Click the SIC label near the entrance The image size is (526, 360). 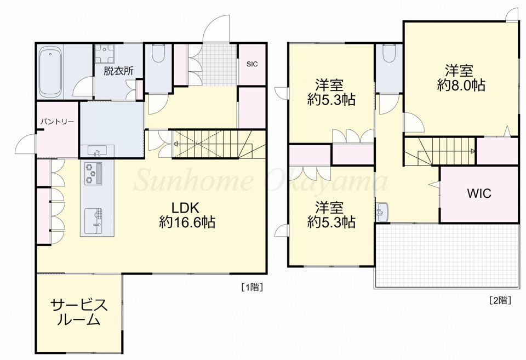252,64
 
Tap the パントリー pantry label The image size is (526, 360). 57,122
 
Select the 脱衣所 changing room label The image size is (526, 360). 118,71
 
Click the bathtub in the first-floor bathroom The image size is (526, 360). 50,71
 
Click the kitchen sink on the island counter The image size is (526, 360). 94,221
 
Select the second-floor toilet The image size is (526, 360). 389,54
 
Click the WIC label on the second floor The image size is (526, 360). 479,193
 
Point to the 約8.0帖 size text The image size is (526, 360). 461,86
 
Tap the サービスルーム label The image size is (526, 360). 79,312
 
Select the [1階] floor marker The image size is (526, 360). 251,287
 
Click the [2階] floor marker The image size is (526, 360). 500,300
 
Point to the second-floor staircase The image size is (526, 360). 440,151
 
